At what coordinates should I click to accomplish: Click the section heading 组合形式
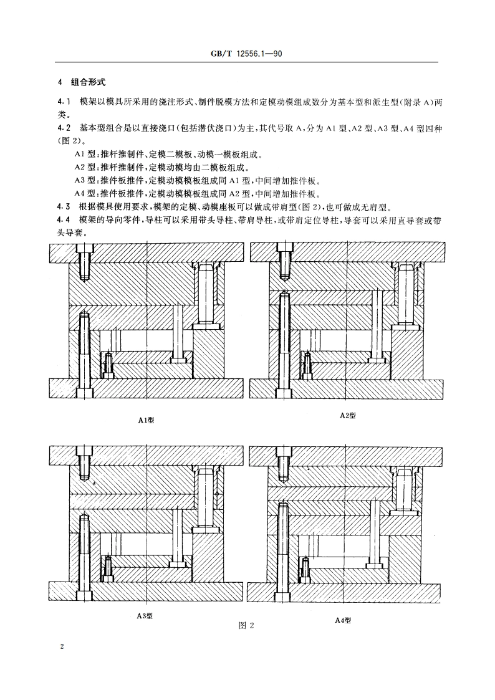89,82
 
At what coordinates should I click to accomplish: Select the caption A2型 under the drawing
347,415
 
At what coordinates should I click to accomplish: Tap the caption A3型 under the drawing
145,616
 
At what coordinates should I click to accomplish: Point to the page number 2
62,648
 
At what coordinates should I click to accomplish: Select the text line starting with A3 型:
197,181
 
